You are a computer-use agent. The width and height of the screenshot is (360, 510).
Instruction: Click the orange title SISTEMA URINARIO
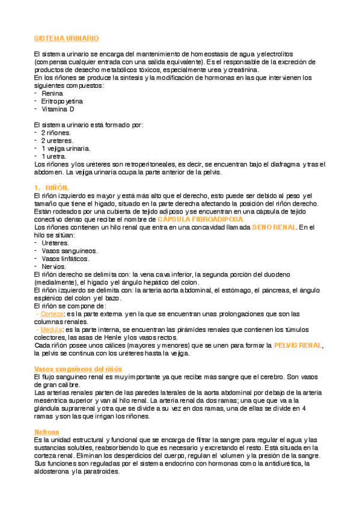66,38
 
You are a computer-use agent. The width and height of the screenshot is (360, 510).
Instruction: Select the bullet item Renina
52,94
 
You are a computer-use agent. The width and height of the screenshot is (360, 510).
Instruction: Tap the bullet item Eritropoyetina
63,102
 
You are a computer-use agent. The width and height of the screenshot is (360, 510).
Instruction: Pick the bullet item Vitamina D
58,109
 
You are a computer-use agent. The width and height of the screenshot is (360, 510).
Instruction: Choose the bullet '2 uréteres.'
59,140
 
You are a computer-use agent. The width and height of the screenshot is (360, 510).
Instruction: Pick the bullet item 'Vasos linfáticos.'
65,258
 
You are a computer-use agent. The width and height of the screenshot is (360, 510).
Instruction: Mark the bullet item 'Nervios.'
54,266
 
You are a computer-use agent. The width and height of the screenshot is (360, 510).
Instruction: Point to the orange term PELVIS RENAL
298,345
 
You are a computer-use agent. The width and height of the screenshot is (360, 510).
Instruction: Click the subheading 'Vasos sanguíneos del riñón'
79,368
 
